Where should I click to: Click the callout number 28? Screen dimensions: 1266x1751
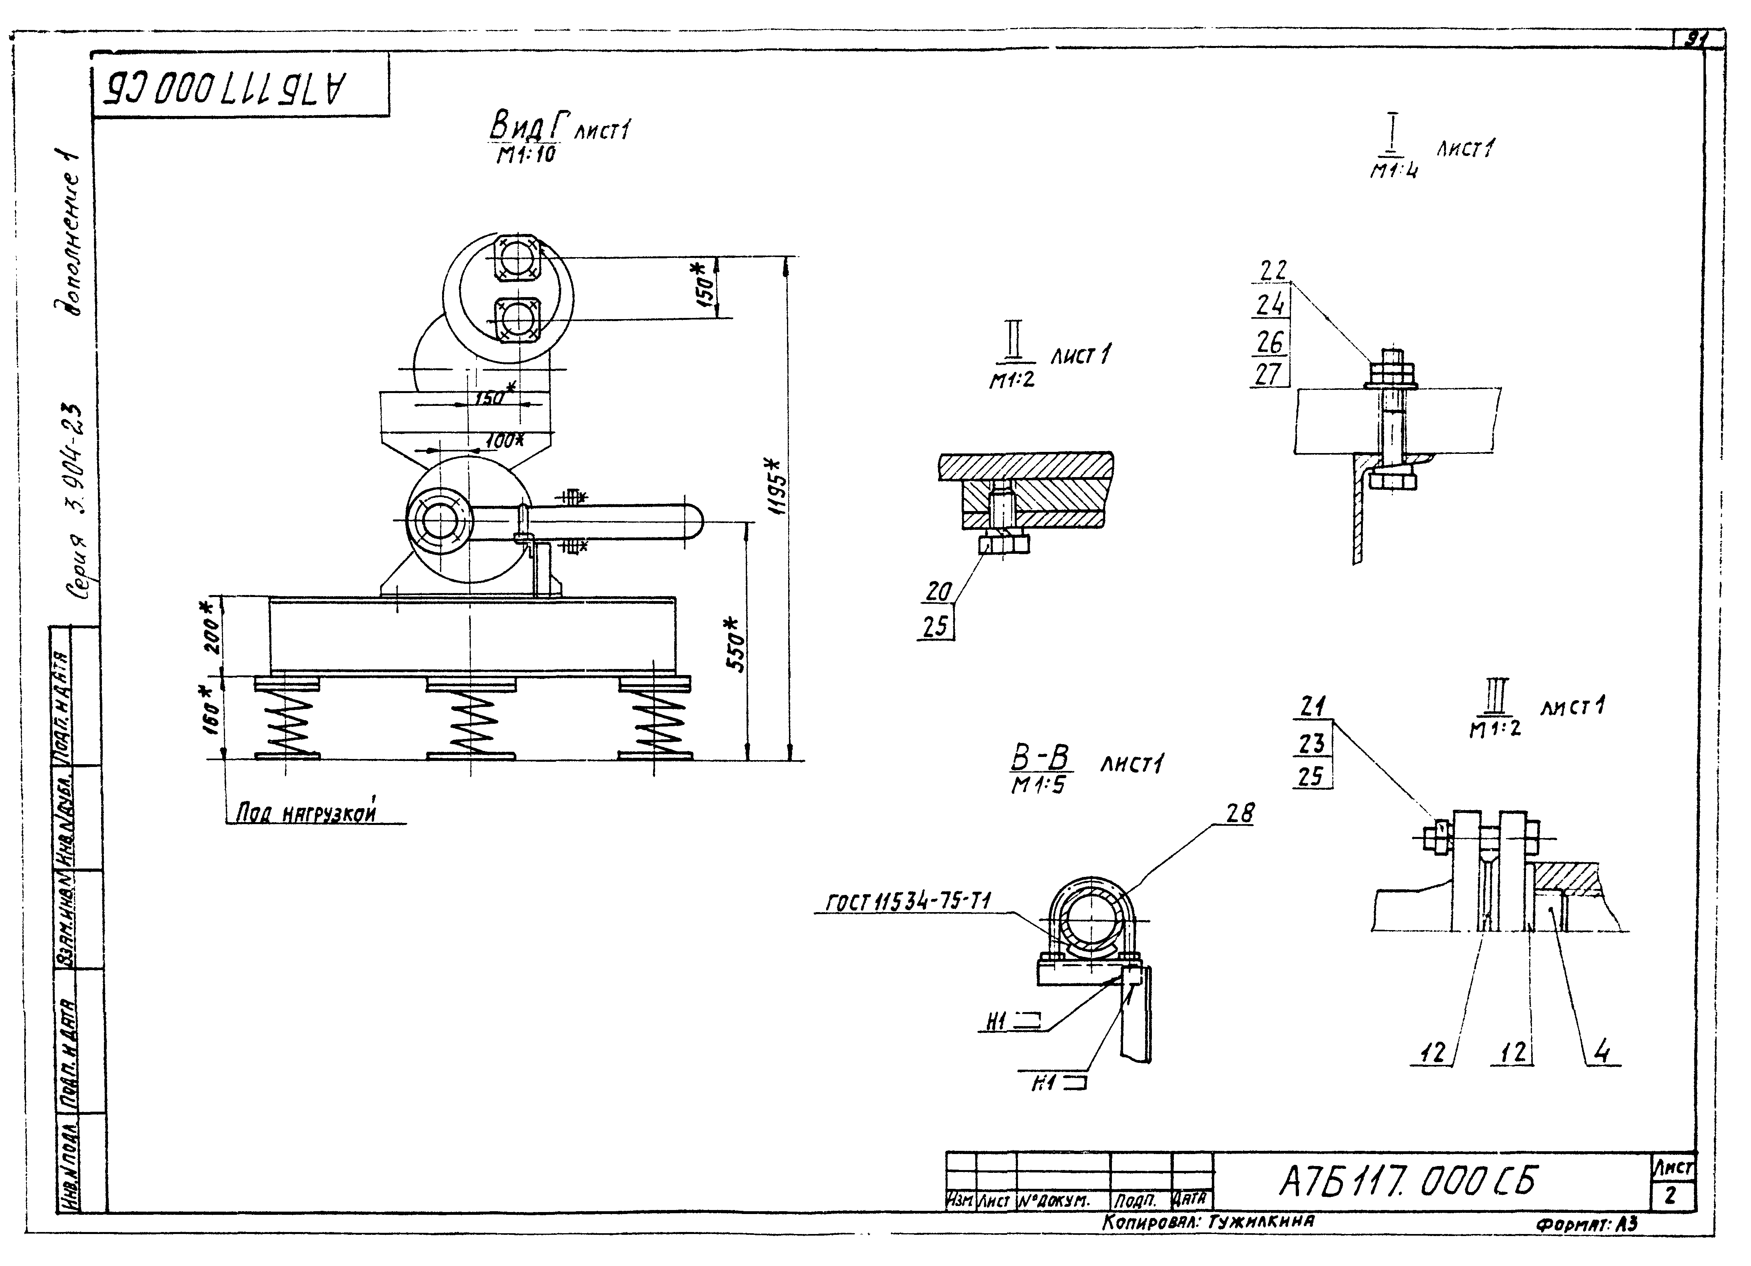(1240, 813)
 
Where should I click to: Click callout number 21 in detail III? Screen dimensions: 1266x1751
(1313, 706)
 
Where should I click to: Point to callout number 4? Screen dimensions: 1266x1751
(1603, 1052)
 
